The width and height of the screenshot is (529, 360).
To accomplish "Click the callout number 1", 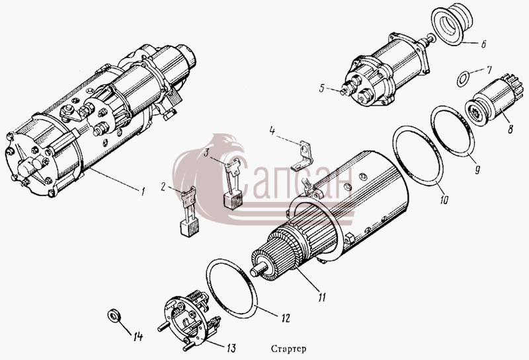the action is [143, 192].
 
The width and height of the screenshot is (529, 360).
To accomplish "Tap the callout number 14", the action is [138, 336].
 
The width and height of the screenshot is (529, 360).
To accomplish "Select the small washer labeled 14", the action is [113, 316].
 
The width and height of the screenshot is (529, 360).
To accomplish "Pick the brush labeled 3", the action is [233, 182].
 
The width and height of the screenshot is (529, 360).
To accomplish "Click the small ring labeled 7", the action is [463, 79].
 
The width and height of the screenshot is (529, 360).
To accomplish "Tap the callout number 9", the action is [477, 170].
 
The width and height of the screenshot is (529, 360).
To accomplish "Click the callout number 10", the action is [444, 199].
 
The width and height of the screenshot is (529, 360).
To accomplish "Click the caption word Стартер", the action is [288, 349].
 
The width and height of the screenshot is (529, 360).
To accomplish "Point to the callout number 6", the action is [483, 44].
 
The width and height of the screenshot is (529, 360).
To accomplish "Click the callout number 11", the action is [321, 297].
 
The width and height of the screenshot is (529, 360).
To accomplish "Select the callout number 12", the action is [286, 318].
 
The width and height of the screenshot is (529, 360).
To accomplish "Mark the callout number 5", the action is [322, 89].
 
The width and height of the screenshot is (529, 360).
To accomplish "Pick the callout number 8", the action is [510, 129].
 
